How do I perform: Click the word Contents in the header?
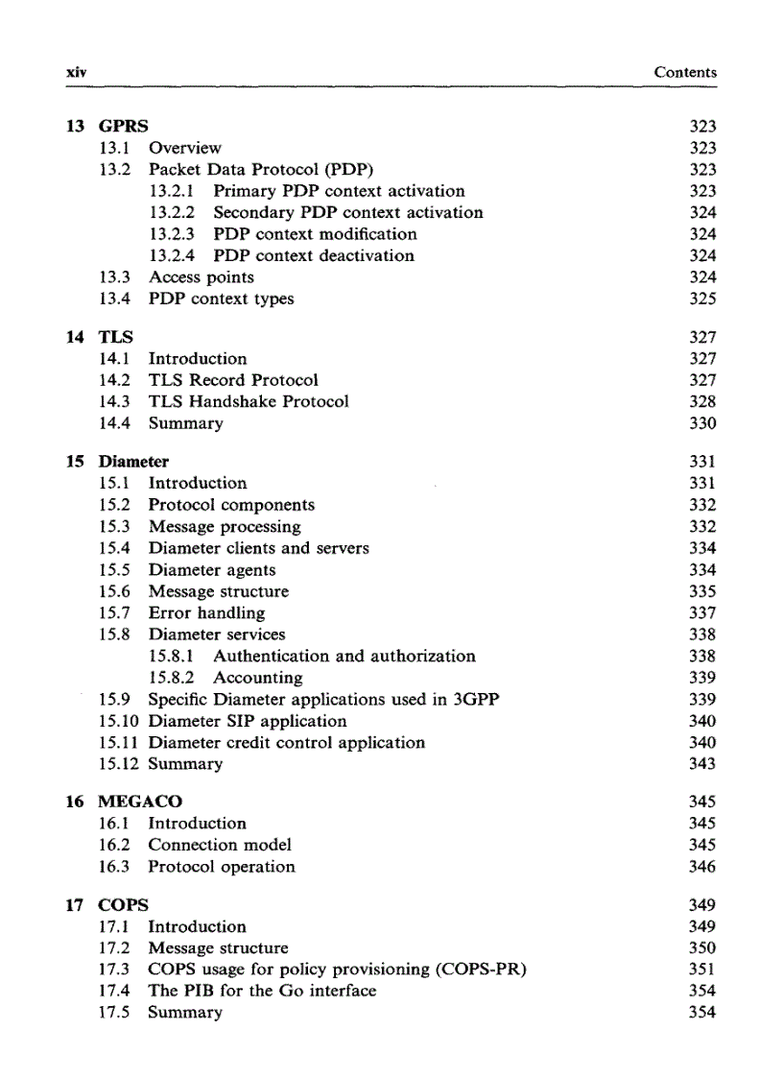click(x=685, y=72)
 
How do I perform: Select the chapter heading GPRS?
click(x=124, y=126)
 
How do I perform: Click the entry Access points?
click(x=202, y=277)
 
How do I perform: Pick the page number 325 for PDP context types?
click(x=702, y=299)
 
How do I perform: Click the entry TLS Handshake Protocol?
click(x=249, y=402)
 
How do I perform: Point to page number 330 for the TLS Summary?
click(x=702, y=423)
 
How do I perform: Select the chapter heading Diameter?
click(x=134, y=462)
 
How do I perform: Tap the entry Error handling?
click(x=206, y=613)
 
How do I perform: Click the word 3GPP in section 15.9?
click(x=476, y=700)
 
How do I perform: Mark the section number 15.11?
click(x=121, y=743)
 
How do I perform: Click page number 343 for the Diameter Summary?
click(x=702, y=764)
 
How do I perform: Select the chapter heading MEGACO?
click(x=141, y=802)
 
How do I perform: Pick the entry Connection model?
click(x=220, y=845)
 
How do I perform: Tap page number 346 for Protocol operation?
click(x=702, y=867)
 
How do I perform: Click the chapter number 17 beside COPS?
click(x=75, y=904)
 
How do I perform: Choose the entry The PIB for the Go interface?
click(x=262, y=991)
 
